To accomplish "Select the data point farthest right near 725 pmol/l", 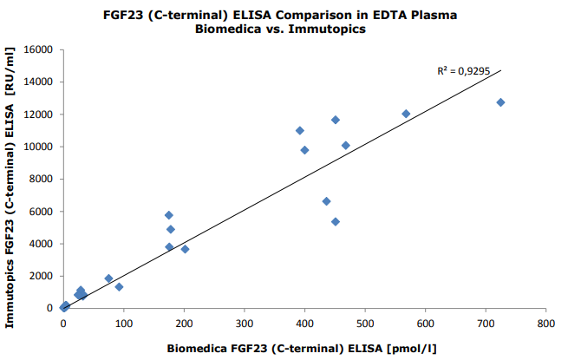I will (500, 102).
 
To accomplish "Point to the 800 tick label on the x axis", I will (545, 324).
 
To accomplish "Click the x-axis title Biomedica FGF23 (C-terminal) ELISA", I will (301, 349).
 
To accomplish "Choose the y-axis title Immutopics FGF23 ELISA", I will (11, 187).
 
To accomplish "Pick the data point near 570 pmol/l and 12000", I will (406, 114).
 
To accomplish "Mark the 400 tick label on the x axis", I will (304, 324).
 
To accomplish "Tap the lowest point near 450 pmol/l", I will (336, 221).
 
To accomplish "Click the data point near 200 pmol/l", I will (185, 249).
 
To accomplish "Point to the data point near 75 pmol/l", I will (108, 278).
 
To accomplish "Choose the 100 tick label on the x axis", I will (123, 324).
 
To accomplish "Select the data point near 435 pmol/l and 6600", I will (326, 201).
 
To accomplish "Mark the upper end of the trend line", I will (501, 70).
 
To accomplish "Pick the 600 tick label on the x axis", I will (425, 324).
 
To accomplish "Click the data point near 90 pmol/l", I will (119, 286).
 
